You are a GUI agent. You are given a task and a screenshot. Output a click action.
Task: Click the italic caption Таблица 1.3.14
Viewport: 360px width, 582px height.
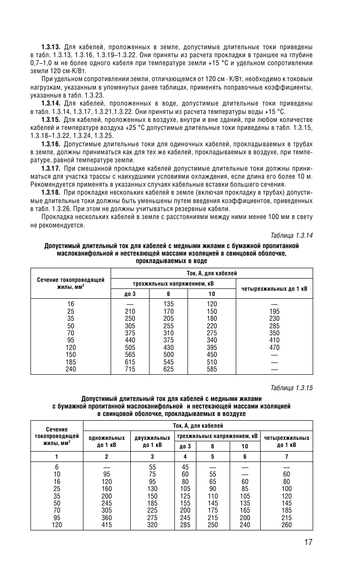click(292, 235)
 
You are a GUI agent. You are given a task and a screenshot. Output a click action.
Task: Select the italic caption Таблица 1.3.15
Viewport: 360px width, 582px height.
click(292, 388)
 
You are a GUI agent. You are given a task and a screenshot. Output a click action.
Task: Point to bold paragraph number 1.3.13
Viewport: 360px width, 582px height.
click(51, 48)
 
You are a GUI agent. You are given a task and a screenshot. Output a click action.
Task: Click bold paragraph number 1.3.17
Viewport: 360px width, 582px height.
click(51, 167)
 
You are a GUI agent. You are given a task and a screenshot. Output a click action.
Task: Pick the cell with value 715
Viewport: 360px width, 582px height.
click(130, 370)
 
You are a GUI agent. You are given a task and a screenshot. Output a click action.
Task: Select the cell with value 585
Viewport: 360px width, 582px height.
click(212, 370)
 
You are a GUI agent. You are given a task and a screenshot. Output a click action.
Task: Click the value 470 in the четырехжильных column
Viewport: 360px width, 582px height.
click(274, 348)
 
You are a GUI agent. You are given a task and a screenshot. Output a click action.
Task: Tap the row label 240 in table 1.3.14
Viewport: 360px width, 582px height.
click(70, 370)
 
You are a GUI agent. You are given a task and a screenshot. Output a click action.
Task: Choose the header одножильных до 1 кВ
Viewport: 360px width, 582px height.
click(106, 441)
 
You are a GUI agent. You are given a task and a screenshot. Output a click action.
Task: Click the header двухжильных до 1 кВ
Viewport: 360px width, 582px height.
click(152, 441)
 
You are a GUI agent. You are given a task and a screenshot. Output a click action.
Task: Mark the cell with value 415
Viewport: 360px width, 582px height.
click(106, 525)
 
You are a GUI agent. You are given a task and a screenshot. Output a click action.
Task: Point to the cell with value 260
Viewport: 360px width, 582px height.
click(287, 525)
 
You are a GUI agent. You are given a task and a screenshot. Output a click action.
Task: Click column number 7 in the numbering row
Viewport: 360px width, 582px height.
click(287, 456)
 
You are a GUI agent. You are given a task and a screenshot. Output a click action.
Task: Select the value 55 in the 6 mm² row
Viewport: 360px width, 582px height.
click(152, 467)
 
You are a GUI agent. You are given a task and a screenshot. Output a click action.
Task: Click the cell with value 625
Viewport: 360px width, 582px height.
click(168, 370)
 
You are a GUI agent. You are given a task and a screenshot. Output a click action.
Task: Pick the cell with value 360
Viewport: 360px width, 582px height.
click(106, 518)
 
